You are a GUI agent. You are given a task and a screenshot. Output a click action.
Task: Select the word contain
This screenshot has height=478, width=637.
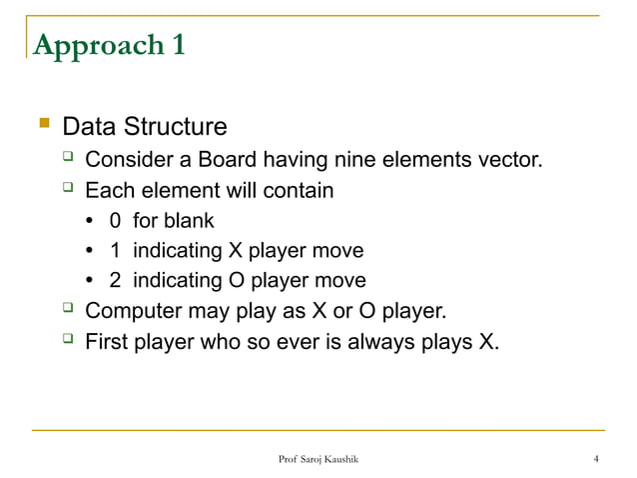[297, 190]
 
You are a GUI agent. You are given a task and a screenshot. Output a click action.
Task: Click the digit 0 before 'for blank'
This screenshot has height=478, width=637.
[116, 220]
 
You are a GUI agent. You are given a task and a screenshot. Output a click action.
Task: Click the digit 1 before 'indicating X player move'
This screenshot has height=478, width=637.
[116, 250]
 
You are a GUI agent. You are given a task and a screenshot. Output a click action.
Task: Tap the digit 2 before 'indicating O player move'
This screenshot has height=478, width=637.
[116, 281]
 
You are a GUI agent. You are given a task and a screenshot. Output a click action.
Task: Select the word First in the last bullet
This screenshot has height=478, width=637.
[107, 342]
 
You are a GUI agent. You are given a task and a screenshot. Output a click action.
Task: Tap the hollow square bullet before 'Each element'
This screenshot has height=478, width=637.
[68, 190]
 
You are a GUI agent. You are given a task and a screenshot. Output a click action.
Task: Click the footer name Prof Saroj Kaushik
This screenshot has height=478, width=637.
[318, 459]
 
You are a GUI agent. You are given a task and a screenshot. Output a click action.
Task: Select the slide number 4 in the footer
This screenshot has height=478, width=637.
[596, 459]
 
